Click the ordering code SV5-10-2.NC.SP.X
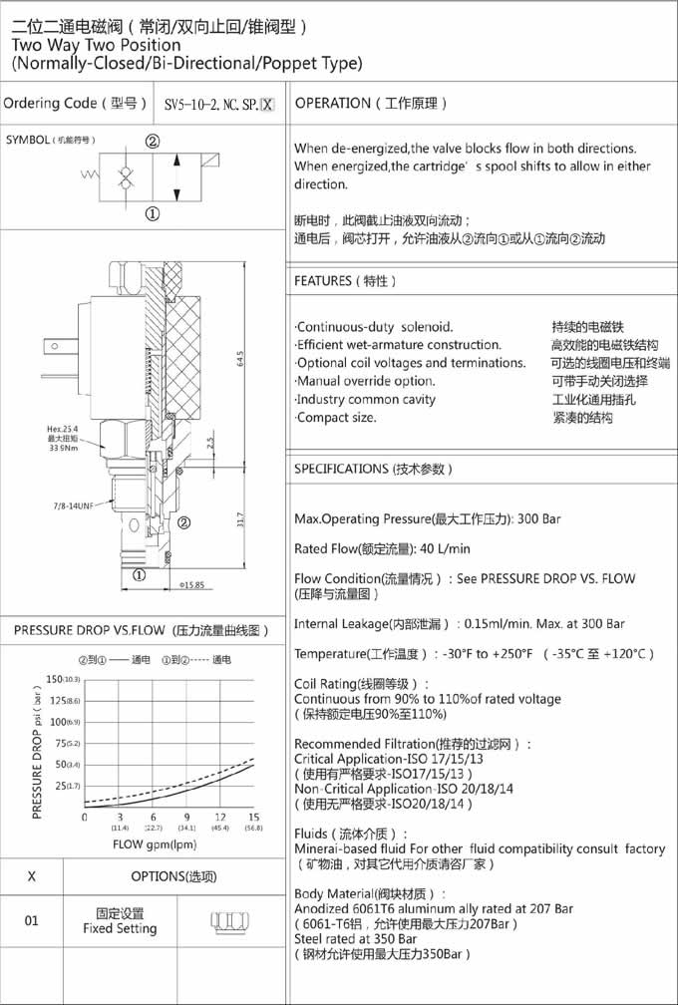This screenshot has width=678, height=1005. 217,104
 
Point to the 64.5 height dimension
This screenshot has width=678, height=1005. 240,359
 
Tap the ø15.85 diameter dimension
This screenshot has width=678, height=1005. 192,584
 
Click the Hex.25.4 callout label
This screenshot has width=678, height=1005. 63,429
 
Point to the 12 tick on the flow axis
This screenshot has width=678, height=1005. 219,817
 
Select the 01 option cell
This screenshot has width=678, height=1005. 32,920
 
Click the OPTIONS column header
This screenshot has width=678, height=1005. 173,876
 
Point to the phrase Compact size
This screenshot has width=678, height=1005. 336,417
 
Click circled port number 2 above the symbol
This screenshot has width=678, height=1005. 153,142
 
